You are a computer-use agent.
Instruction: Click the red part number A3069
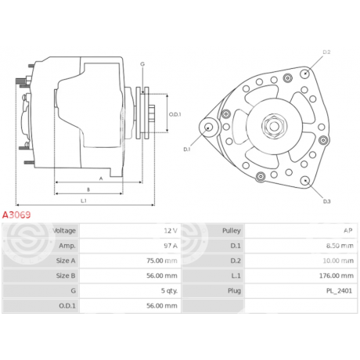tap(16, 215)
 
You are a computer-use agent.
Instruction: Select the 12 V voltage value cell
tap(131, 231)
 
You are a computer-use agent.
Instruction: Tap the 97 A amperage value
tap(171, 246)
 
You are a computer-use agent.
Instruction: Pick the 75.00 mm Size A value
tap(162, 261)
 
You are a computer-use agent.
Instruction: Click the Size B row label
tap(66, 275)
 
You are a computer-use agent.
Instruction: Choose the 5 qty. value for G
tap(169, 291)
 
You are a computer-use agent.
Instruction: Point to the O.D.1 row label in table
tap(67, 306)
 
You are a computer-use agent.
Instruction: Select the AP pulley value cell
tap(301, 231)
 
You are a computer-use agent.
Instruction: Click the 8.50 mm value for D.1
tap(340, 246)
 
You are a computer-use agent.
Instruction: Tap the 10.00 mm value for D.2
tap(338, 261)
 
